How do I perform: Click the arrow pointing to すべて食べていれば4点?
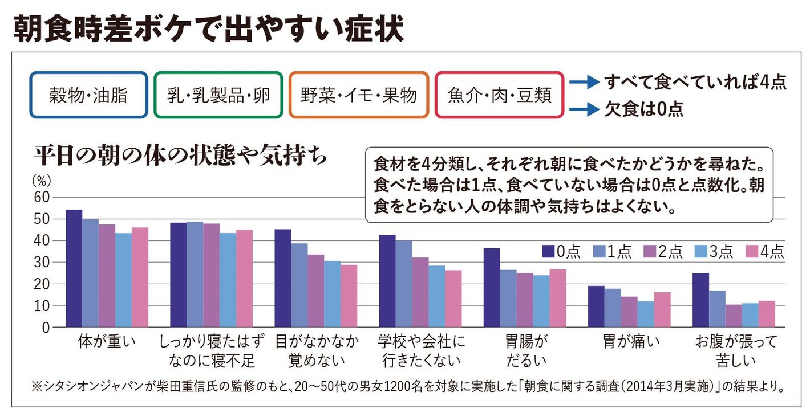coord(584,82)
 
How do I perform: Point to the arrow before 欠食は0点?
coord(584,109)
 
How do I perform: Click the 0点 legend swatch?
coord(548,251)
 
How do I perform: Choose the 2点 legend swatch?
coord(650,251)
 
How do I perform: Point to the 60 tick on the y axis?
coord(42,197)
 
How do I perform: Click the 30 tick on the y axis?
coord(42,262)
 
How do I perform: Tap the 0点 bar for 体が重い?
coord(74,268)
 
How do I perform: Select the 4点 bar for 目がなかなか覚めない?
coord(349,296)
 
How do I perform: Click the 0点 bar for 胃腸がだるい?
coord(492,287)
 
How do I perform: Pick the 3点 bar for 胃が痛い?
coord(646,314)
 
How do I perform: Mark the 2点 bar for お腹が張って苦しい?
coord(734,316)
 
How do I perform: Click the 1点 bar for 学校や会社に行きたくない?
coord(403,284)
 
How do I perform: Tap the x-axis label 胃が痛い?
coord(631,341)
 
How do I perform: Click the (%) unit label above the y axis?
coord(42,181)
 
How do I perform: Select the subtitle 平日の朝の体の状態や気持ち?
coord(180,156)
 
